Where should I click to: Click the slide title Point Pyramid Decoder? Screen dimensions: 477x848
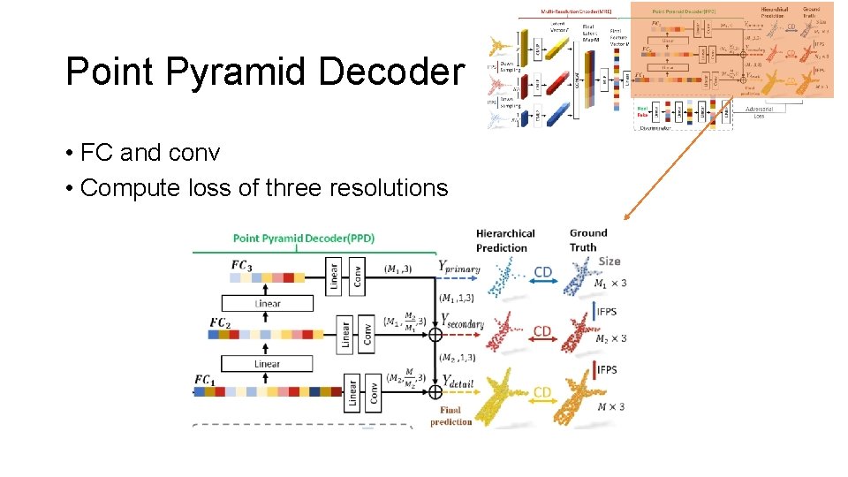[x=264, y=72]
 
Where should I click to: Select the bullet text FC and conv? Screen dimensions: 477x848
[x=149, y=153]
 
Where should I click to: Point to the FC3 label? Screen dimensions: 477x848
[x=241, y=264]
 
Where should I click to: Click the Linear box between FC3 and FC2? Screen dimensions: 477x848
[x=268, y=303]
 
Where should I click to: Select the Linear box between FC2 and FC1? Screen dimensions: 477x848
[x=267, y=363]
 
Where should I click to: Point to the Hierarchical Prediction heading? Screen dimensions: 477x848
[x=505, y=240]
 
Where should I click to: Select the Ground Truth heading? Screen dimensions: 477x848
[x=583, y=240]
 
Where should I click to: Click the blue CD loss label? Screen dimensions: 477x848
[x=542, y=272]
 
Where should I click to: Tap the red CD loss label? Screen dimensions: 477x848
[x=542, y=331]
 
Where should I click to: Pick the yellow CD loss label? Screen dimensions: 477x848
[x=541, y=391]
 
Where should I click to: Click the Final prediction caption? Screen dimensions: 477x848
[x=451, y=415]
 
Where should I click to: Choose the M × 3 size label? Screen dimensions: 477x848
[x=610, y=405]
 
